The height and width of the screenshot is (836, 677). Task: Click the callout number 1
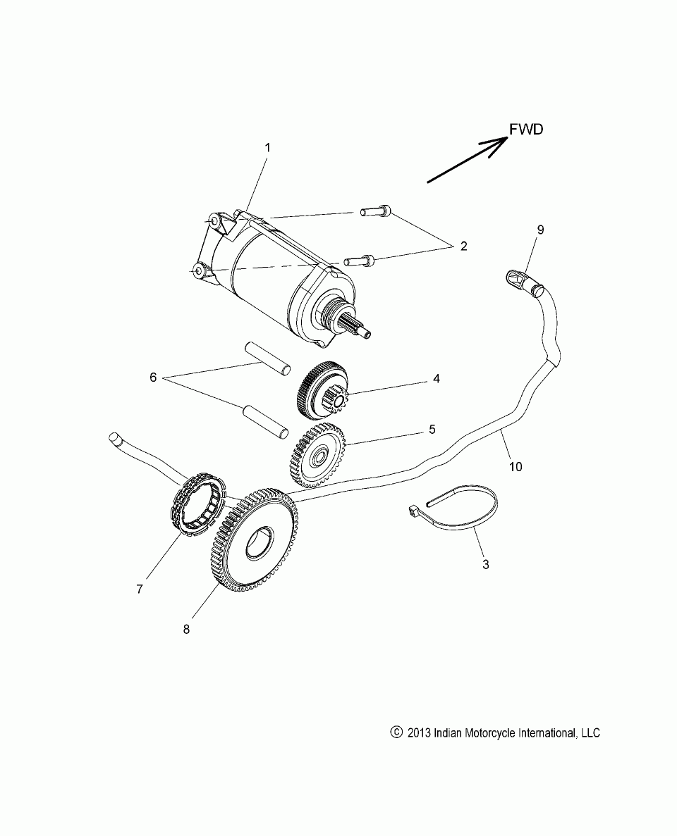[267, 148]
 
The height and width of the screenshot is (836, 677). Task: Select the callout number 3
[484, 564]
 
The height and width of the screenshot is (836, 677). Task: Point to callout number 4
[437, 379]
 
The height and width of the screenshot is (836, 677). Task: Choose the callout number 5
[432, 428]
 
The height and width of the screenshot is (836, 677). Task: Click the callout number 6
[152, 378]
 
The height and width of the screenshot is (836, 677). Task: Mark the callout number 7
[139, 589]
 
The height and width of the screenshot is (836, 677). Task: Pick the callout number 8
[186, 630]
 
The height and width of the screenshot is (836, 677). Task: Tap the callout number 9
[540, 230]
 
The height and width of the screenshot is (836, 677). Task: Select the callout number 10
[516, 466]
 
